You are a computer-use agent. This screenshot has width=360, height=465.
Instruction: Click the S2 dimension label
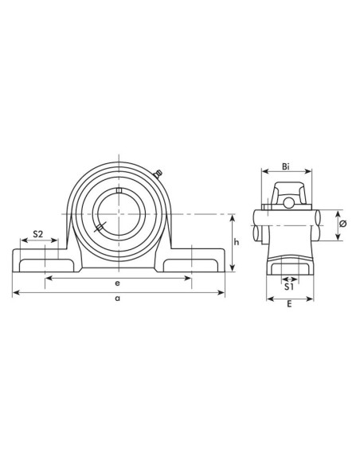[37, 236]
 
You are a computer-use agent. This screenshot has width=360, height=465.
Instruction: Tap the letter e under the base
[118, 283]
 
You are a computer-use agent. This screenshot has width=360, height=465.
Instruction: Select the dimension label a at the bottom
[118, 299]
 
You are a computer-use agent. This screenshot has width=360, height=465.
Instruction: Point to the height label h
[236, 243]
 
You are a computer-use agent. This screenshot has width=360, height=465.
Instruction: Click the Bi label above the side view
[287, 167]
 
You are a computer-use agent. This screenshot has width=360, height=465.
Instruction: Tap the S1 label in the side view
[290, 287]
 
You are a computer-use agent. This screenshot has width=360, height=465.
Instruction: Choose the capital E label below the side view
[288, 305]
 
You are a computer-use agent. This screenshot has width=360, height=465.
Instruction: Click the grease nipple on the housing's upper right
[157, 174]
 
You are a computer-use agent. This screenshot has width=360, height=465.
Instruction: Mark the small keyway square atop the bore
[118, 190]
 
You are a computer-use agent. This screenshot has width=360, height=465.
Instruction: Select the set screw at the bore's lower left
[100, 229]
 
